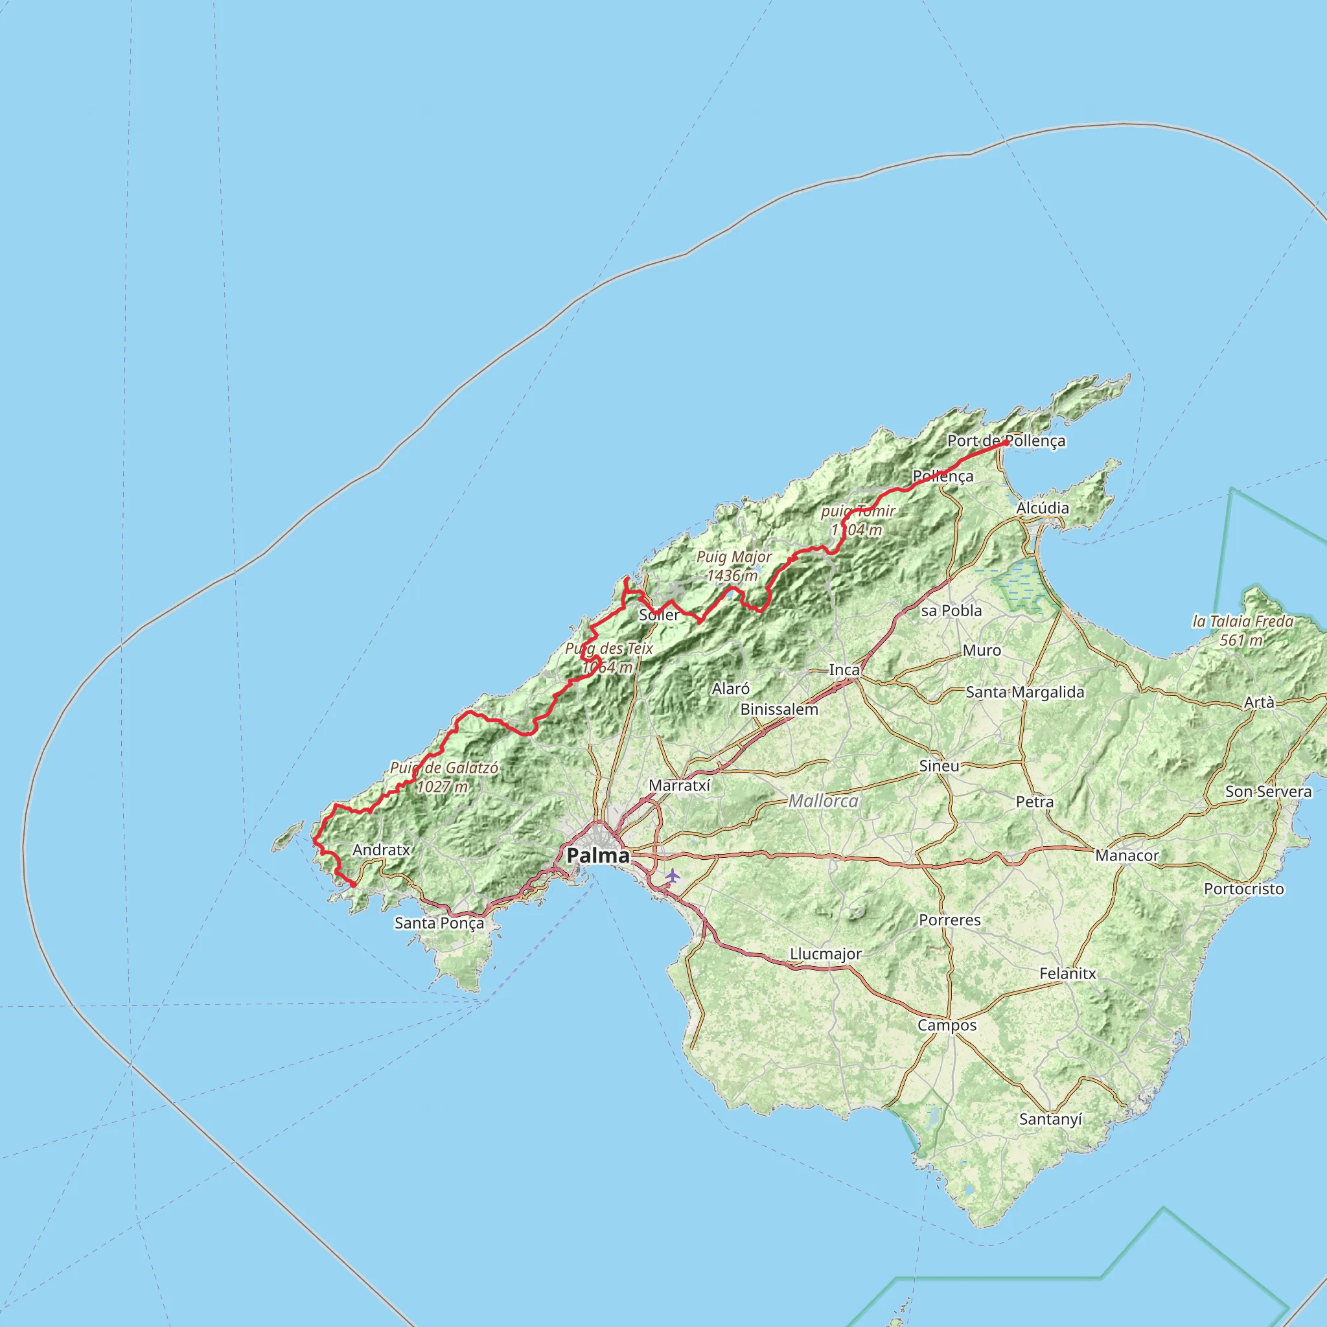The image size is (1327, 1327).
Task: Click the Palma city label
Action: [x=597, y=855]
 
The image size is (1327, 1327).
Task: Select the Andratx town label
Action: [x=381, y=849]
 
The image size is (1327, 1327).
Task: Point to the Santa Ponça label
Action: [x=439, y=923]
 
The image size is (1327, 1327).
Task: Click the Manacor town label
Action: [x=1127, y=855]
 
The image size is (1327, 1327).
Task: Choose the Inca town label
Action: [x=844, y=670]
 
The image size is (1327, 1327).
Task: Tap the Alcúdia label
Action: [x=1043, y=507]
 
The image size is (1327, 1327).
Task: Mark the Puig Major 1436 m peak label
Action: [x=733, y=566]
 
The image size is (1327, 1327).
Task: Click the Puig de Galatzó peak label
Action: [x=444, y=777]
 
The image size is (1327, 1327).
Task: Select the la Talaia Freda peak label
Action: [x=1243, y=630]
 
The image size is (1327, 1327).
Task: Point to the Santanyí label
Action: [x=1050, y=1119]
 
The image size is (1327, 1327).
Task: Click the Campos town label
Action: [x=947, y=1025]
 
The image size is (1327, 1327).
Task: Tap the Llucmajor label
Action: [x=825, y=953]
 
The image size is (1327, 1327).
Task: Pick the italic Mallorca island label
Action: [x=823, y=801]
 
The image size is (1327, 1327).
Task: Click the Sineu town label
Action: [x=939, y=765]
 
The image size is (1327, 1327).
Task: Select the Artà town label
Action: [x=1259, y=702]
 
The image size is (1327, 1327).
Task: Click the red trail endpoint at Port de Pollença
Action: [x=1006, y=443]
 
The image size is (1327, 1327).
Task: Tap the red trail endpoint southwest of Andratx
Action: [x=353, y=885]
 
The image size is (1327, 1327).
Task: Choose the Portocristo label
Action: [x=1244, y=889]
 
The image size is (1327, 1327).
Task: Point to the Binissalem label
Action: [x=779, y=709]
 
